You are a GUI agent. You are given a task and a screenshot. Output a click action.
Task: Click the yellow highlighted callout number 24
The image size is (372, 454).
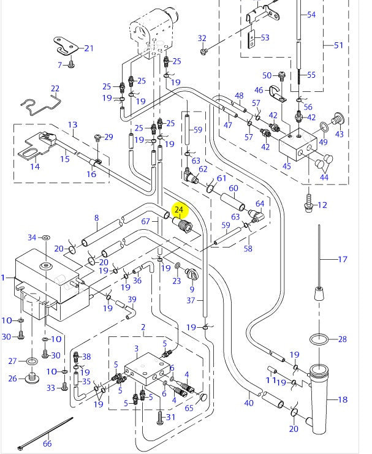coord(179,210)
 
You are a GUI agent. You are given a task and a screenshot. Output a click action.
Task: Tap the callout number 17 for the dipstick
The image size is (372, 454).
coord(343,260)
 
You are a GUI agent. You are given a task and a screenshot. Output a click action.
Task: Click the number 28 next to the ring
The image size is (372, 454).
coord(342,339)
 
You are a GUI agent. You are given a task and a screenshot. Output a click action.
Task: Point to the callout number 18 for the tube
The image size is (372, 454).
coord(342,399)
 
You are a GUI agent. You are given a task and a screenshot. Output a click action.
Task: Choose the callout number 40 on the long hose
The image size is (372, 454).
coord(248,403)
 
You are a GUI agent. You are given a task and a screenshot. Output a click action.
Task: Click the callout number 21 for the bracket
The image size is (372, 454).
coord(89,48)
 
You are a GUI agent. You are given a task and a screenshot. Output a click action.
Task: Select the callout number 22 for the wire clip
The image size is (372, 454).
coord(55,89)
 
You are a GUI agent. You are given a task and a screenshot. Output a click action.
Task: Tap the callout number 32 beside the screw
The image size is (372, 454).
coord(202,39)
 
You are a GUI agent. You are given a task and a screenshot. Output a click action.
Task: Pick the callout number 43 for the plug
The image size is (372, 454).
coord(339,134)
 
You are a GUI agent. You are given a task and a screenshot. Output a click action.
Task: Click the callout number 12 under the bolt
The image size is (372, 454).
coord(322,205)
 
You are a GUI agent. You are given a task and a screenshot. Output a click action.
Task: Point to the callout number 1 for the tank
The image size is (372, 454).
coord(4,278)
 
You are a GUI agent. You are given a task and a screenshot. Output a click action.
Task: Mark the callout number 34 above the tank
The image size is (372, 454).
coord(32,237)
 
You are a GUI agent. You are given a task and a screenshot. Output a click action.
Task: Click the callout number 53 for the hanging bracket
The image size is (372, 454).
coord(265,38)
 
